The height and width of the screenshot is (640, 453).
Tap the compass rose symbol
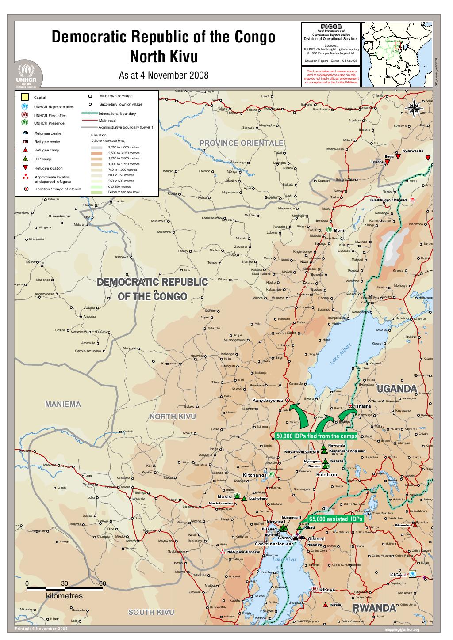(x=414, y=108)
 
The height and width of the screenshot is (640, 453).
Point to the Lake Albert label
(x=340, y=354)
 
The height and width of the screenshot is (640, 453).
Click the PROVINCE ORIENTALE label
(x=241, y=143)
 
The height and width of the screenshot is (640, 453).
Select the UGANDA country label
(x=397, y=389)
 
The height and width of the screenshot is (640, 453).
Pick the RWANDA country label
(x=374, y=608)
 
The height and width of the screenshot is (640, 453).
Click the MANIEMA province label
(x=63, y=404)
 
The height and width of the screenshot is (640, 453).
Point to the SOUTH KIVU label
(x=151, y=612)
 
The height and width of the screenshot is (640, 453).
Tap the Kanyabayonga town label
(x=267, y=401)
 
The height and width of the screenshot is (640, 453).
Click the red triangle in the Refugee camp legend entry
(x=25, y=150)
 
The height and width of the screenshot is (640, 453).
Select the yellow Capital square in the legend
(x=25, y=97)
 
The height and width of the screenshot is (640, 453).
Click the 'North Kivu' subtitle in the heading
(x=163, y=57)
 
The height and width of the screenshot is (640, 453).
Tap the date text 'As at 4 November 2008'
(x=163, y=75)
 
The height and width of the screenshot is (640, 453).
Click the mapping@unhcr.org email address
(x=402, y=629)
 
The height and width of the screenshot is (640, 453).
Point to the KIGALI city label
(x=398, y=575)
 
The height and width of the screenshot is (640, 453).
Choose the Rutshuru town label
(x=327, y=475)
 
